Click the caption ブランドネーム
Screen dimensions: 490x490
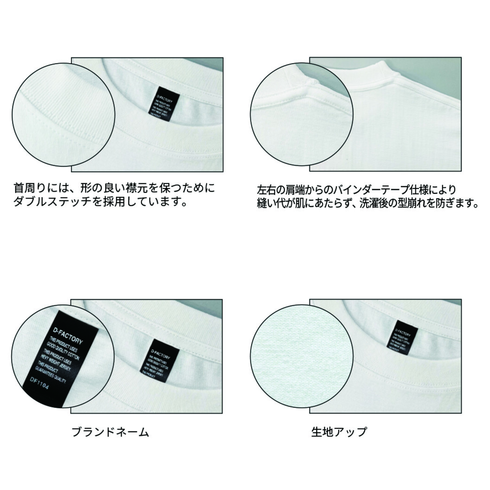coord(110,432)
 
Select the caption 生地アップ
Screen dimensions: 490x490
coord(339,432)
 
